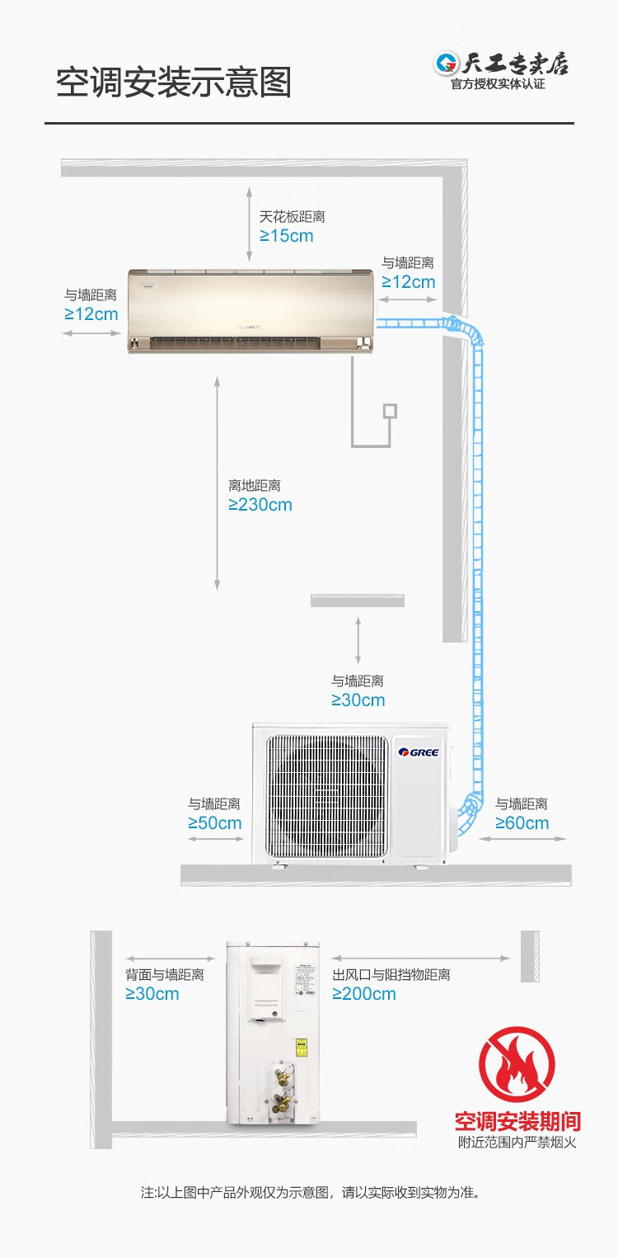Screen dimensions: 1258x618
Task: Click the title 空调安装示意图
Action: tap(174, 83)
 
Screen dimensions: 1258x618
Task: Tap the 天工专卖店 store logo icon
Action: tap(447, 64)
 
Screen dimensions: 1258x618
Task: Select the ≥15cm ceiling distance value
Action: tap(287, 236)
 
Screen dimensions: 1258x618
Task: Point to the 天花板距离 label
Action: tap(293, 217)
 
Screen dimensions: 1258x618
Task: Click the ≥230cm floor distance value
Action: tap(260, 505)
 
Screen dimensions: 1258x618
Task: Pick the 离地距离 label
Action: tap(255, 486)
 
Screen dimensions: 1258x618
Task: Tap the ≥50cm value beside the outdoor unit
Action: tap(215, 823)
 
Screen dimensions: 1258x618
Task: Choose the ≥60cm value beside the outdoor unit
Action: tap(522, 823)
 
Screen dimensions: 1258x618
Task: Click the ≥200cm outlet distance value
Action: tap(364, 994)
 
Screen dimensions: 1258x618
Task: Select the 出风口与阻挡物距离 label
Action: tap(391, 975)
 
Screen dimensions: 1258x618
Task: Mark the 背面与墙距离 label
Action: tap(164, 975)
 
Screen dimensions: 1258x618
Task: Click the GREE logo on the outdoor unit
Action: tap(419, 752)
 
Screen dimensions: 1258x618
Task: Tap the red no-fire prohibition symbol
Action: tap(517, 1064)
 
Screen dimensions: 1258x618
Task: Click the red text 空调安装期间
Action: tap(517, 1122)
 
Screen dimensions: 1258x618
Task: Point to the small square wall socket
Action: tap(390, 410)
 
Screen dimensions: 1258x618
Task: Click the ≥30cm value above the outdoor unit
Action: tap(358, 700)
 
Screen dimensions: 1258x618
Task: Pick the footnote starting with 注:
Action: tap(310, 1192)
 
